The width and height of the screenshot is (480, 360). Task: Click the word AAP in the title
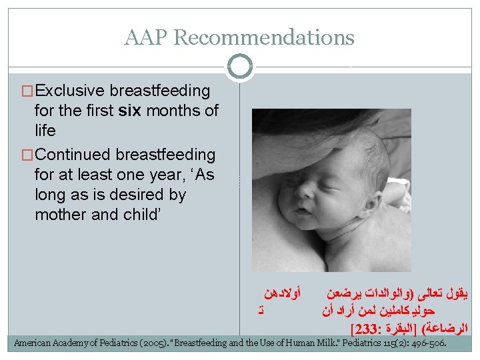pos(147,37)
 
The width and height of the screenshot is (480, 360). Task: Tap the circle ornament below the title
pos(239,66)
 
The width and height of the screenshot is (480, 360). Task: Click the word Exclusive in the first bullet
pos(71,91)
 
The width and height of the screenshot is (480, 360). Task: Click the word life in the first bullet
pos(45,131)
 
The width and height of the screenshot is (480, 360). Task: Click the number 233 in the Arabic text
pos(363,329)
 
